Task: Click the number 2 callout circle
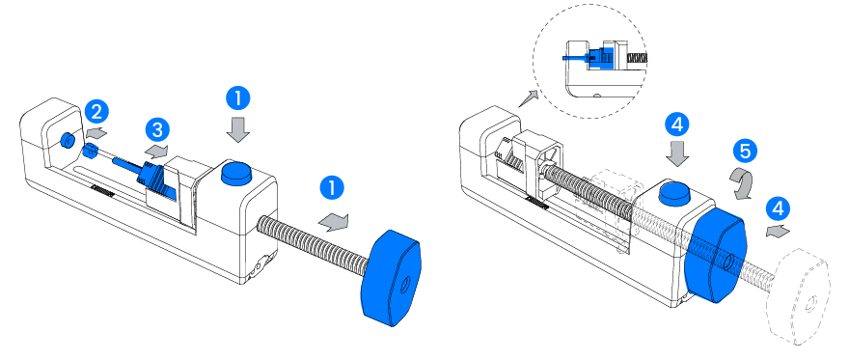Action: click(96, 113)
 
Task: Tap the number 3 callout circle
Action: click(157, 130)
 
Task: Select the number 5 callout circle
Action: click(745, 151)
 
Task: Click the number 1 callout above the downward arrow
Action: click(237, 98)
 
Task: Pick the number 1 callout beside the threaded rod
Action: click(332, 188)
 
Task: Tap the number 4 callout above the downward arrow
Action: click(677, 125)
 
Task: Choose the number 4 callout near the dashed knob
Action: click(778, 208)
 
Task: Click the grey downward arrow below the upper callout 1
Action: click(237, 130)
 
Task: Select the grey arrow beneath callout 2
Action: click(96, 132)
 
